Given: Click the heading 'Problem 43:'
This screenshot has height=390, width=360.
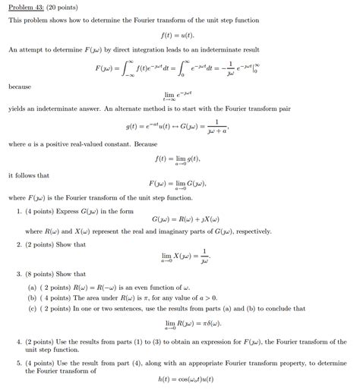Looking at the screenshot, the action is pyautogui.click(x=25, y=7).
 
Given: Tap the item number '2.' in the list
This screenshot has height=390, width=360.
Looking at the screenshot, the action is pyautogui.click(x=20, y=244).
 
